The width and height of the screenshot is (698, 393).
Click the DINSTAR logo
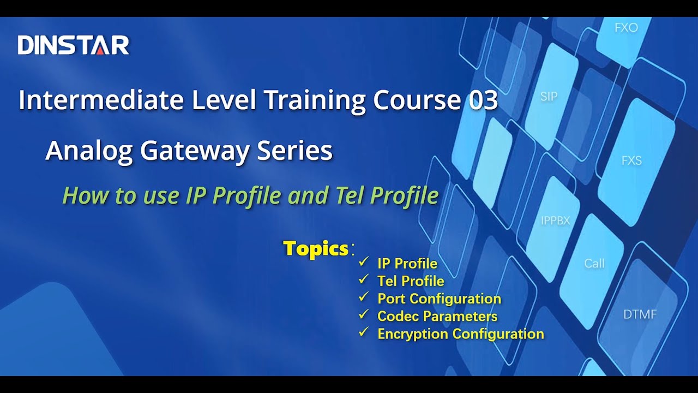coord(73,45)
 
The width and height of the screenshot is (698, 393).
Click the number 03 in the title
coord(483,100)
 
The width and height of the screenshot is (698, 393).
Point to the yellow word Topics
coord(316,249)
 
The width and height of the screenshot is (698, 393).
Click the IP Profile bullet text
coord(407,264)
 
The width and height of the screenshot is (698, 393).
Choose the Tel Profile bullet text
coord(411,281)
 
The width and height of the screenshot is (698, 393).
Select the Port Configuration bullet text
coord(439,299)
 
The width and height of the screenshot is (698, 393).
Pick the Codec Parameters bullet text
coord(437,316)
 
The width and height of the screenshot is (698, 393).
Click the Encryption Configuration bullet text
coord(460,334)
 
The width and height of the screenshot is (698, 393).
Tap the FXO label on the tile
coord(626,28)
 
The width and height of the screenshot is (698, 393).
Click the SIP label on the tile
coord(549,97)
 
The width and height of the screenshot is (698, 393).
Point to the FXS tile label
coord(631,160)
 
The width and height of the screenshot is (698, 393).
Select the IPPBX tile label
coord(555,221)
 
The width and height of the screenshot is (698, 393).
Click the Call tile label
coord(594,264)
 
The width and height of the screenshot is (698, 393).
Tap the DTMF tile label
coord(640,315)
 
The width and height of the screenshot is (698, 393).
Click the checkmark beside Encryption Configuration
coord(363,332)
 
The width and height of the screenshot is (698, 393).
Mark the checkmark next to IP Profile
coord(363,263)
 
